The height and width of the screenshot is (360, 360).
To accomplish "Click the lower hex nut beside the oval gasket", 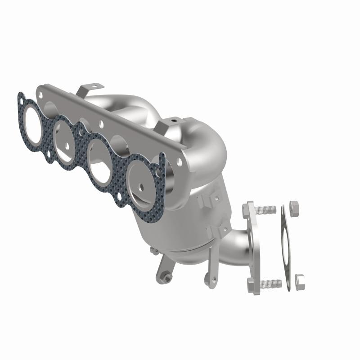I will pyautogui.click(x=300, y=282).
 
